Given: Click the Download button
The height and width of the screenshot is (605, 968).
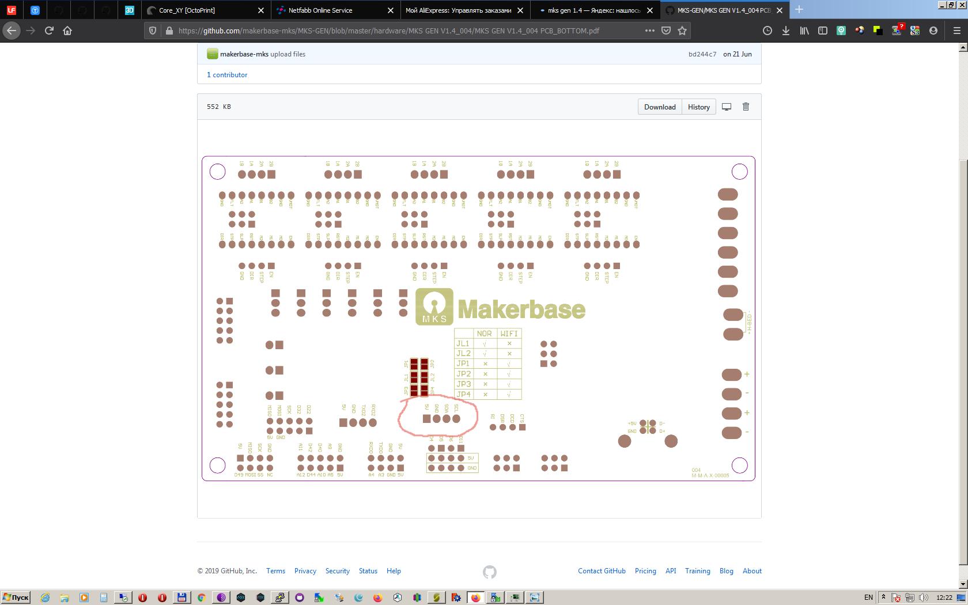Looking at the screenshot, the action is pyautogui.click(x=660, y=107).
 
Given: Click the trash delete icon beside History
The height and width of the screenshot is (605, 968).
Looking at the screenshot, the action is pyautogui.click(x=746, y=107).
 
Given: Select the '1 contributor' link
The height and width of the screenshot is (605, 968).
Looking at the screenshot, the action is pyautogui.click(x=227, y=75).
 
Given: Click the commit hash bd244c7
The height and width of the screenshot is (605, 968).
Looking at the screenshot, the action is pyautogui.click(x=702, y=54).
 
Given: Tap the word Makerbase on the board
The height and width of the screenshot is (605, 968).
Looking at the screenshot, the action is pyautogui.click(x=521, y=309).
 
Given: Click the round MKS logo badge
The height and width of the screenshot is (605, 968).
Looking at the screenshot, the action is pyautogui.click(x=434, y=307).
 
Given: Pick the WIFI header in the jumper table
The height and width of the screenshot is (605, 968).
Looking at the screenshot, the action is pyautogui.click(x=509, y=334).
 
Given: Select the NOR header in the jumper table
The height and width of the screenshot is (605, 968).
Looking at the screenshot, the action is pyautogui.click(x=484, y=334).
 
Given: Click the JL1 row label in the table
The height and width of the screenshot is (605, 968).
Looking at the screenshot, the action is pyautogui.click(x=463, y=343).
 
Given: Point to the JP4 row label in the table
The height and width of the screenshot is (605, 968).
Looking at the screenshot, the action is pyautogui.click(x=463, y=394).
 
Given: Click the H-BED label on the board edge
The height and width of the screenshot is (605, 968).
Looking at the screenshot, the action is pyautogui.click(x=749, y=323).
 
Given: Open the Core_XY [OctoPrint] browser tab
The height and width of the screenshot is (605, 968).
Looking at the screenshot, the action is pyautogui.click(x=187, y=10).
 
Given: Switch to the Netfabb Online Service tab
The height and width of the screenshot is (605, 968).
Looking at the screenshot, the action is pyautogui.click(x=320, y=10).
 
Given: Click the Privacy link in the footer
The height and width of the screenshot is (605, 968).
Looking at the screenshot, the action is pyautogui.click(x=305, y=571).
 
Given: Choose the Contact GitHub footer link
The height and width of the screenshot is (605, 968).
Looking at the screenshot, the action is pyautogui.click(x=602, y=571).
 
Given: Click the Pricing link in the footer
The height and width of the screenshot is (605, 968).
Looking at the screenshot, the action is pyautogui.click(x=645, y=571).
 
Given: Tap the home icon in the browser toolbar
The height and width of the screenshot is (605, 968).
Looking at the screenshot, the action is pyautogui.click(x=67, y=31).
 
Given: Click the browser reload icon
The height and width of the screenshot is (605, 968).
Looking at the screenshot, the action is pyautogui.click(x=49, y=31).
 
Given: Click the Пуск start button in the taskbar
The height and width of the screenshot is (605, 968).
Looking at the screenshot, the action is pyautogui.click(x=16, y=598).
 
